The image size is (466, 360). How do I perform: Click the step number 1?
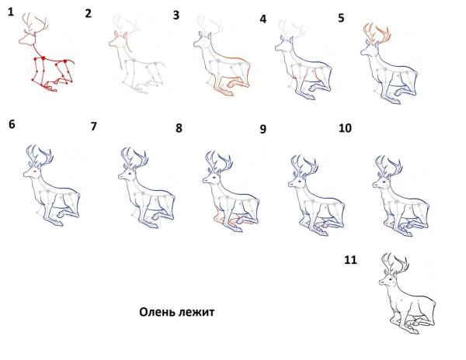coord(11,12)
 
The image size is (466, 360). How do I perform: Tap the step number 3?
coord(176,16)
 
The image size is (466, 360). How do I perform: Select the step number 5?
coord(341,18)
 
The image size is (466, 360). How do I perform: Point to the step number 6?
coord(12,124)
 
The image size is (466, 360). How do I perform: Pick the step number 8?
coord(179,128)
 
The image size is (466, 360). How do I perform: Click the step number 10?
coord(345,128)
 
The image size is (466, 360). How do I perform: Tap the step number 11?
coord(350,260)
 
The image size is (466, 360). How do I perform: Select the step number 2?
coord(89,14)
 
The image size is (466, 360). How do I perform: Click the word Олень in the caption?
coord(157,312)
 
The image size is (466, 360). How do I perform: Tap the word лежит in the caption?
coord(196,313)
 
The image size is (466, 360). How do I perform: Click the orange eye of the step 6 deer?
coord(35,171)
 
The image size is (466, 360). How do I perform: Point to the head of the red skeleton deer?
coord(27,40)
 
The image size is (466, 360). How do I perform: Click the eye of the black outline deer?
coord(389,280)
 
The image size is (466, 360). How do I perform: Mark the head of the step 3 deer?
coord(203,41)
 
